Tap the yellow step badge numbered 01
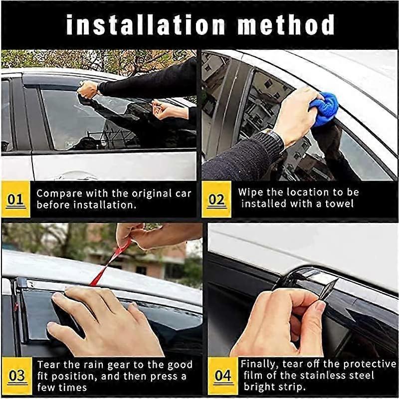click(15, 199)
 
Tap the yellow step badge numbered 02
click(216, 199)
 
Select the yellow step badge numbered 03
click(16, 376)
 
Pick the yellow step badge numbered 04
click(222, 376)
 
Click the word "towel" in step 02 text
click(341, 203)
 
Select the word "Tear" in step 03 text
click(47, 365)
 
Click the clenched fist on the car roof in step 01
click(88, 90)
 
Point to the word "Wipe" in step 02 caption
click(249, 192)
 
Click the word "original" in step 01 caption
click(149, 194)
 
